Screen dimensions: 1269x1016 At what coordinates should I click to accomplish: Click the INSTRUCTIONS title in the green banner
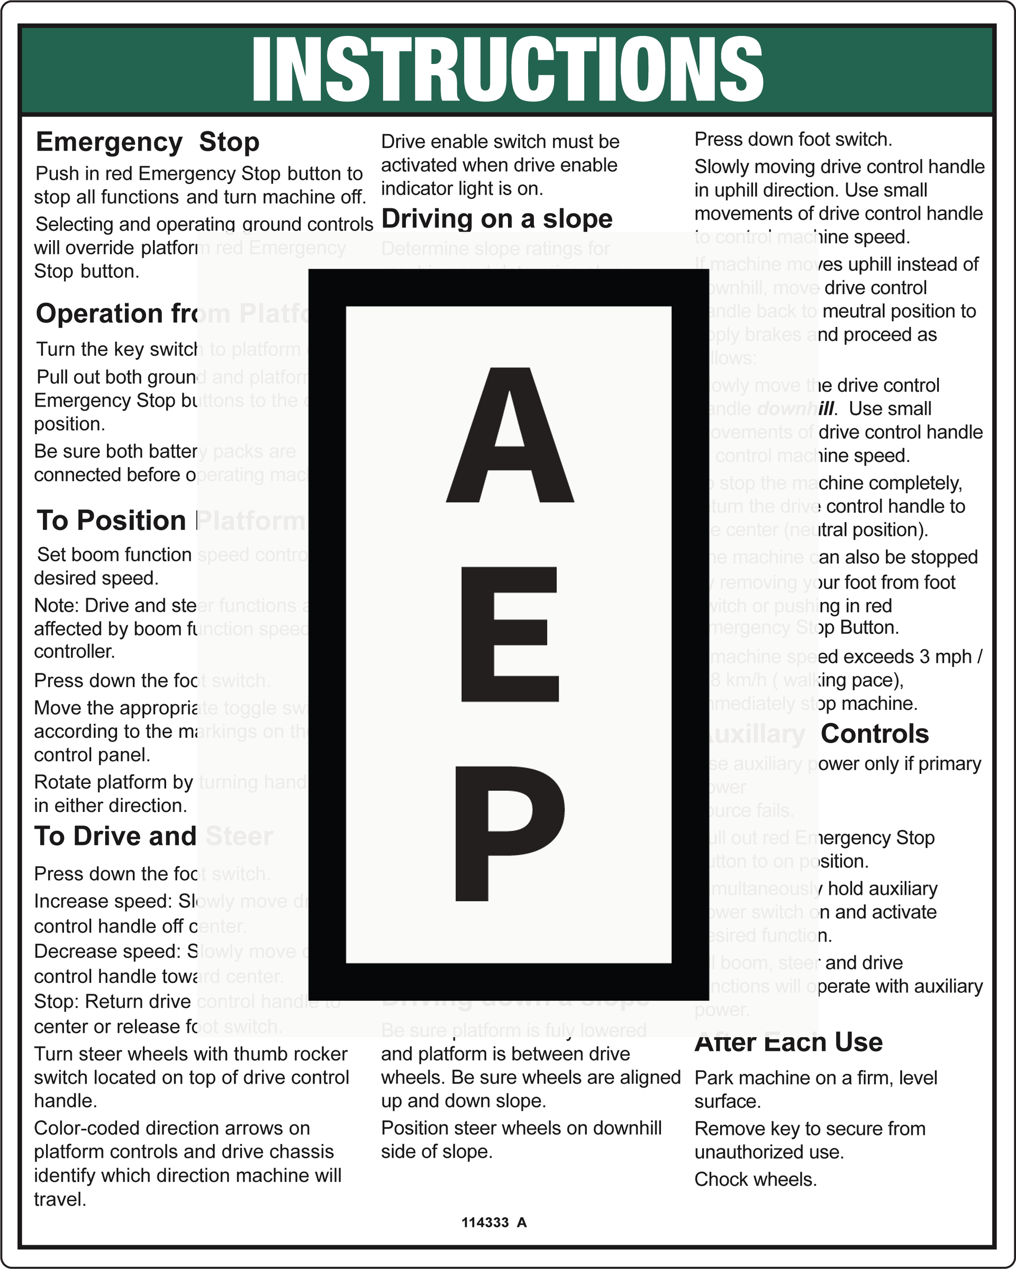(x=507, y=68)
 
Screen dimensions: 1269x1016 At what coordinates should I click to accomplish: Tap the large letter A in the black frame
(x=510, y=435)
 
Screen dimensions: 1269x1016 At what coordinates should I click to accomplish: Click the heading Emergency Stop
(x=147, y=142)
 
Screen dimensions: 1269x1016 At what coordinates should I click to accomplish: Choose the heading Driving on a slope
(x=497, y=219)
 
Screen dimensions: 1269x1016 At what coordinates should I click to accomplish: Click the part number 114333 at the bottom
(x=485, y=1222)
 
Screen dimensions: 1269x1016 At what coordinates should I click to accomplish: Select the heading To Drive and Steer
(x=153, y=836)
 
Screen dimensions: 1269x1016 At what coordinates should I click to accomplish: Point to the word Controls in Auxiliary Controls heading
(x=875, y=734)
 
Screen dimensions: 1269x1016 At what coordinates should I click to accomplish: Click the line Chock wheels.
(x=755, y=1179)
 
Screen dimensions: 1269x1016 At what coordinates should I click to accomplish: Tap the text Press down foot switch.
(x=793, y=140)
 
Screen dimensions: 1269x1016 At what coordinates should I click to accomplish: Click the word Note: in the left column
(x=57, y=605)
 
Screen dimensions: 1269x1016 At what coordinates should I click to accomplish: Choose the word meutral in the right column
(x=857, y=311)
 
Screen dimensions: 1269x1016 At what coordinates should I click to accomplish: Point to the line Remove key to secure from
(x=810, y=1128)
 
